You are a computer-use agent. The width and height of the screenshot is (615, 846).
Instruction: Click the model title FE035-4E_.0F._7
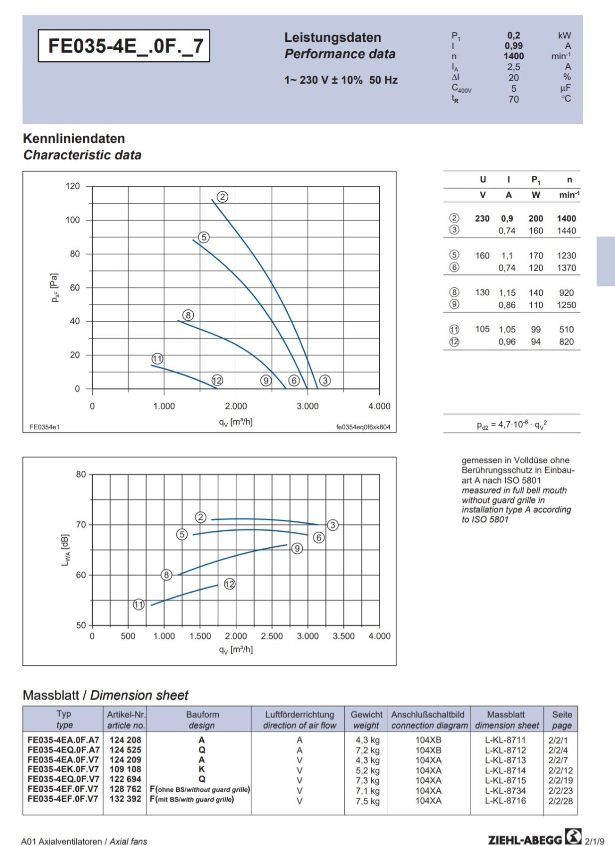click(x=124, y=46)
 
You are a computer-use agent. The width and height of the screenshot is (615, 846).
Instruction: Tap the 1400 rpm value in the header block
click(x=513, y=56)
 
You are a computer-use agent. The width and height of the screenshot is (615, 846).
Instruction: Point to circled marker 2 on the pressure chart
click(x=222, y=197)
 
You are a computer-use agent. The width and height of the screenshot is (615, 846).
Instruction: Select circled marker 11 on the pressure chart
click(x=157, y=359)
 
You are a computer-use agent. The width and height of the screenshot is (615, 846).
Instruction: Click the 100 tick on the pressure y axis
click(x=73, y=220)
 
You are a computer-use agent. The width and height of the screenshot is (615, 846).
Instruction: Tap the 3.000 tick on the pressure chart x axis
click(x=307, y=406)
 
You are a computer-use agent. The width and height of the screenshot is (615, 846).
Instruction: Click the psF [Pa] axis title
click(x=55, y=287)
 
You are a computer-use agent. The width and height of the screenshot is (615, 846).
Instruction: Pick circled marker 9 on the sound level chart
click(x=297, y=548)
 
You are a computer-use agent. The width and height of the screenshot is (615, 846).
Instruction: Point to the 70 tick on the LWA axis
click(x=81, y=524)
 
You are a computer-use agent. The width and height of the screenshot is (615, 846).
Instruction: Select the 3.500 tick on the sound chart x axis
click(x=343, y=636)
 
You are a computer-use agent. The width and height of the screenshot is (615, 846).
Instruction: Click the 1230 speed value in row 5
click(x=566, y=255)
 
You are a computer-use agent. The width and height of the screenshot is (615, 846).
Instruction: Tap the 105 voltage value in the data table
click(x=482, y=329)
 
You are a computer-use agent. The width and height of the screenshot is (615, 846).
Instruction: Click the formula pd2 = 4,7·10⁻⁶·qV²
click(x=511, y=425)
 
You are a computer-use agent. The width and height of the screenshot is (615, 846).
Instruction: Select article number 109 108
click(x=125, y=769)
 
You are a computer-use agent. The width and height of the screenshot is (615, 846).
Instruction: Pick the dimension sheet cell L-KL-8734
click(x=505, y=790)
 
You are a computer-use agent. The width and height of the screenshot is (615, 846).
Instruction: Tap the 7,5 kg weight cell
click(x=367, y=801)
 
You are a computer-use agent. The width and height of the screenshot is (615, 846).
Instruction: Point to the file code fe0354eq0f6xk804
click(x=363, y=427)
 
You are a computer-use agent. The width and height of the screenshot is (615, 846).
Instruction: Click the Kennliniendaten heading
click(x=74, y=138)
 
